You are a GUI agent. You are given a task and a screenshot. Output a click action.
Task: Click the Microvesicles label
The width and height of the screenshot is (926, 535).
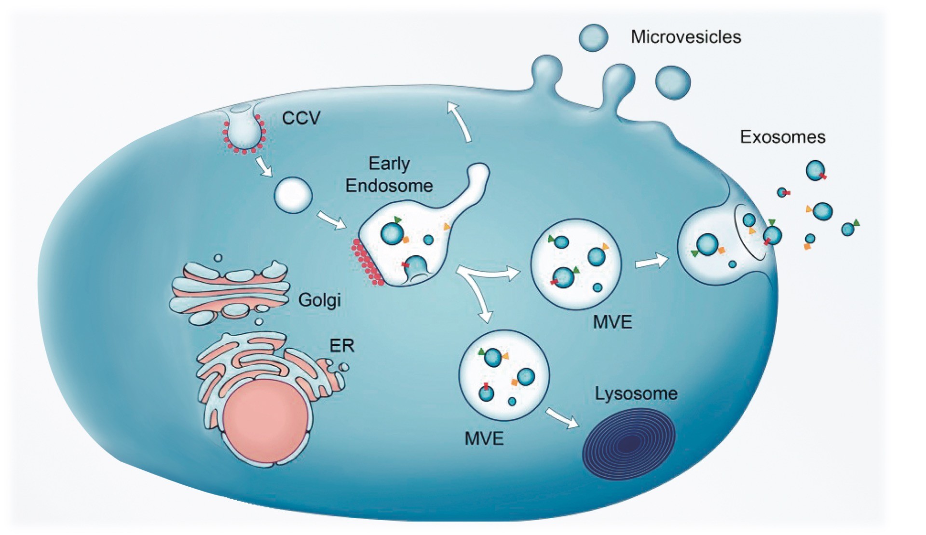click(686, 37)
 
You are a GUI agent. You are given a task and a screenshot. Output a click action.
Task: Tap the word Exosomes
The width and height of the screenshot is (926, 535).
click(783, 137)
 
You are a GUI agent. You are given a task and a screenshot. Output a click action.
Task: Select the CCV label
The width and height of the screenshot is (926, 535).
click(301, 118)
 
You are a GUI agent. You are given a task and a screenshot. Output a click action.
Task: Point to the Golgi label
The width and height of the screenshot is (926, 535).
click(319, 300)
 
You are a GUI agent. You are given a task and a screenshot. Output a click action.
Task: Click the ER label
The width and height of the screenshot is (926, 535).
click(342, 345)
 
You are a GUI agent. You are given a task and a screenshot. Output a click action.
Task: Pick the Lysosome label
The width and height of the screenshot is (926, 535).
click(636, 394)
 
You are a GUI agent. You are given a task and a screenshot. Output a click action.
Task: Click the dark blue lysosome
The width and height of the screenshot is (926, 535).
click(629, 444)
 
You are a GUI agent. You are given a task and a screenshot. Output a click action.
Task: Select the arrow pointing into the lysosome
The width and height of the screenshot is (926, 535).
click(562, 418)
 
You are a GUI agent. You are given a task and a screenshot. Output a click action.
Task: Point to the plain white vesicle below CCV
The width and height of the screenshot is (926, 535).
click(293, 195)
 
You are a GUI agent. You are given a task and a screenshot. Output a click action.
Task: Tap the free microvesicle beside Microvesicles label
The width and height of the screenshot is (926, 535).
click(593, 37)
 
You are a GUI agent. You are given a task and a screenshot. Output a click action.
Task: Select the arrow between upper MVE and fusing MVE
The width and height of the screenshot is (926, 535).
click(652, 262)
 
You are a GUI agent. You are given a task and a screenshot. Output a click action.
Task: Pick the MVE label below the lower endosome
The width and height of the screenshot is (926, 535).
click(484, 439)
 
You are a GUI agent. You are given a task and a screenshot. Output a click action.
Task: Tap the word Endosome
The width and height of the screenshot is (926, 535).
click(389, 186)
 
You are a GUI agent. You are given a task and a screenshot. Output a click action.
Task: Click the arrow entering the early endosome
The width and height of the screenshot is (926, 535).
click(331, 219)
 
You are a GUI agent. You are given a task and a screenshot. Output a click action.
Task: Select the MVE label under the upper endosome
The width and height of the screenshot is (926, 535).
click(612, 322)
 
